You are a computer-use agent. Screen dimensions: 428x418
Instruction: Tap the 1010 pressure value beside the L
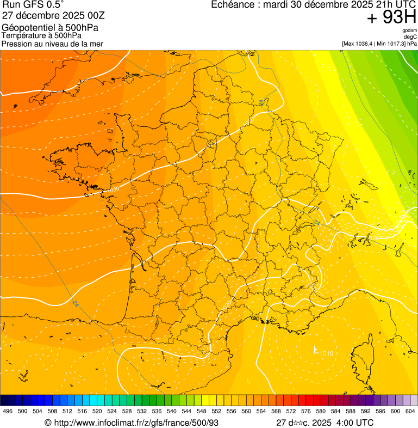[326, 354]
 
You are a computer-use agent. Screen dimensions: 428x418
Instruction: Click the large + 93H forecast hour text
[391, 17]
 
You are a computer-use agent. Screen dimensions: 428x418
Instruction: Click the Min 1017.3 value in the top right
[394, 44]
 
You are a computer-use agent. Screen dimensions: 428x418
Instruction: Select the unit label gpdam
[409, 30]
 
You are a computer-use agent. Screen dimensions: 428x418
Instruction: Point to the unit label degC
[410, 37]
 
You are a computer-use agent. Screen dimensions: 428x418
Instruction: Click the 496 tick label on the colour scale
[8, 411]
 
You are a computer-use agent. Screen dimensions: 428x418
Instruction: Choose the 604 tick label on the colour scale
[410, 411]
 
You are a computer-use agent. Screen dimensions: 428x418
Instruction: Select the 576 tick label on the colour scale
[305, 411]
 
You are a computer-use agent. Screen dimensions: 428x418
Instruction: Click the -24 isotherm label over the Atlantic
[75, 303]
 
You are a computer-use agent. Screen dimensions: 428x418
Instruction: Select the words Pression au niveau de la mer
[52, 44]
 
